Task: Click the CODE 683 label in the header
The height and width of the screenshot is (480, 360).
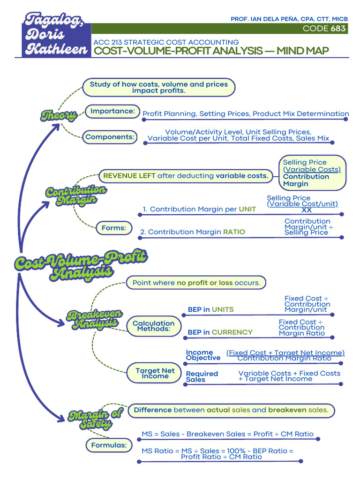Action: pos(324,29)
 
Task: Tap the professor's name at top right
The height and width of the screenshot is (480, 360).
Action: pos(289,19)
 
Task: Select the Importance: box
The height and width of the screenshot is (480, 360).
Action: pos(112,112)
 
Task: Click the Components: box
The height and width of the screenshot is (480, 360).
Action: pos(110,137)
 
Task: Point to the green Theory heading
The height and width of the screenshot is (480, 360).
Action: pos(59,115)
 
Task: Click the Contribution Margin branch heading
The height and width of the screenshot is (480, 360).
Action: pos(76,195)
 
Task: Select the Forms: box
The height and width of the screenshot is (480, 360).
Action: pos(114,228)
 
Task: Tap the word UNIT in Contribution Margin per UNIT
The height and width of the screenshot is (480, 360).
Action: pos(247,209)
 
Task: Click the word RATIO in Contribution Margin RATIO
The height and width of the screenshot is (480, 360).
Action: pos(234,232)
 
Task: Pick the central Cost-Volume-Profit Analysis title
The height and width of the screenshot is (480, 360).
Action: pos(81,265)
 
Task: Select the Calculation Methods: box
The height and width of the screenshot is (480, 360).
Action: pos(153,326)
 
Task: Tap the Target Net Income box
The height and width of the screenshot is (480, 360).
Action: pos(155,373)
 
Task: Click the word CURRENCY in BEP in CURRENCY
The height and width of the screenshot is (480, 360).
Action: pos(232,332)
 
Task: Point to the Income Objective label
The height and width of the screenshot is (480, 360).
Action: pos(203,355)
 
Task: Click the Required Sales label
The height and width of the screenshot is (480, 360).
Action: pos(202,376)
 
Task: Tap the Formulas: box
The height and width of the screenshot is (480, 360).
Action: pos(109,445)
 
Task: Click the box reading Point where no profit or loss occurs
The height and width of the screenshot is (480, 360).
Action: pos(196,283)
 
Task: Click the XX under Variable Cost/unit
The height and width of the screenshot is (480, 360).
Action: pos(307,210)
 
